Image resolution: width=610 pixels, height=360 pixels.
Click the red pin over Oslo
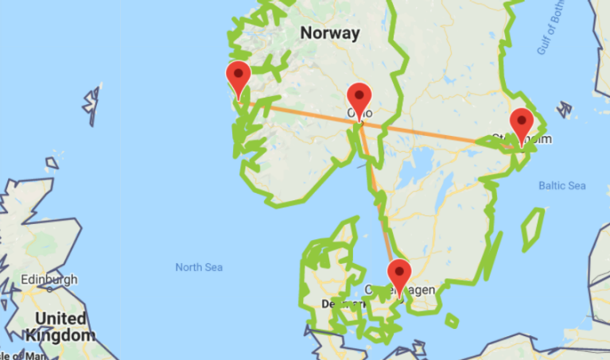click(359, 99)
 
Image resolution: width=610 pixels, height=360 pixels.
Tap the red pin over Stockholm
click(522, 124)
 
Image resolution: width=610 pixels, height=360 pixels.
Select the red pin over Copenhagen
click(399, 275)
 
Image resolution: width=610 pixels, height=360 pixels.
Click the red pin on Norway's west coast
click(239, 77)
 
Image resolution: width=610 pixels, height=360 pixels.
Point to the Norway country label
click(330, 33)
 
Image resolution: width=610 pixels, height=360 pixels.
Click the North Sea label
click(199, 267)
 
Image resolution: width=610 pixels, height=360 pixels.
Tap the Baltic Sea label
click(561, 186)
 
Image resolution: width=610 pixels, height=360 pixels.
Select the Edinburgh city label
click(51, 280)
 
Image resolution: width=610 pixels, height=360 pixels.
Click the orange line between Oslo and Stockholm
click(429, 134)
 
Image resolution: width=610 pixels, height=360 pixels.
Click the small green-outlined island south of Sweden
click(452, 320)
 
